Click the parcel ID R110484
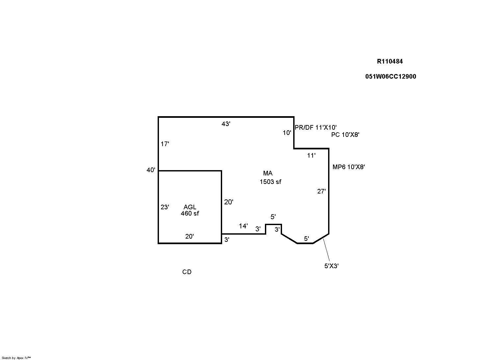coord(390,62)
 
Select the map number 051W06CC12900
coord(390,77)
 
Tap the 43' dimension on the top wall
coord(226,124)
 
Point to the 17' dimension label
coord(165,144)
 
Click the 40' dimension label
coord(151,170)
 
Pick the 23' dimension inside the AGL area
coord(165,207)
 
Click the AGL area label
coord(190,207)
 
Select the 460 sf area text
coord(190,213)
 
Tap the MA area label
coord(268,173)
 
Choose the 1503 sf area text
coord(270,182)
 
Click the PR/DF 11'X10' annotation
coord(316,128)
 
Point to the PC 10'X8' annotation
coord(345,135)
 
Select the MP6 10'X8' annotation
coord(349,167)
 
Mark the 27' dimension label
coord(322,191)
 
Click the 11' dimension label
coord(311,156)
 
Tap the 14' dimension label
coord(243,226)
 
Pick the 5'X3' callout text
coord(331,266)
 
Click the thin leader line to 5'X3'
coord(326,250)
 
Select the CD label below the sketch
coord(187,272)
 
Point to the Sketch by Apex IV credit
coord(16,358)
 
